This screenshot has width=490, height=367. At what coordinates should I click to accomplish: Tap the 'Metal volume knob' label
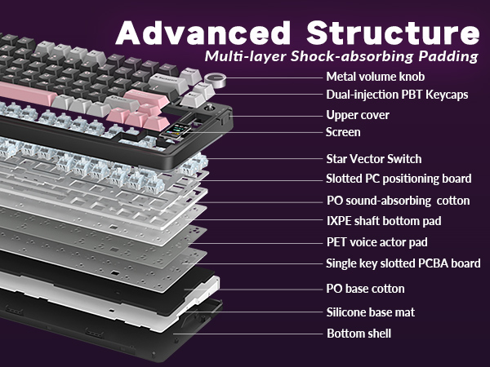pyautogui.click(x=375, y=77)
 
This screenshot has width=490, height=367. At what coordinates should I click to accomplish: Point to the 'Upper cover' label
pyautogui.click(x=358, y=115)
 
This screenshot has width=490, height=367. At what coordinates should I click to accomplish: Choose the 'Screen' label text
pyautogui.click(x=343, y=131)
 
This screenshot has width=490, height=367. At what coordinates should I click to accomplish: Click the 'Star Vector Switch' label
pyautogui.click(x=374, y=158)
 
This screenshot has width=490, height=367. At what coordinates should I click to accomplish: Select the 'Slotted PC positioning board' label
pyautogui.click(x=398, y=179)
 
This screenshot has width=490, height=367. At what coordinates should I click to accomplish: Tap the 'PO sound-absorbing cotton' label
pyautogui.click(x=398, y=201)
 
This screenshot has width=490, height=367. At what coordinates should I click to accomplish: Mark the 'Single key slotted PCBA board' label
pyautogui.click(x=403, y=263)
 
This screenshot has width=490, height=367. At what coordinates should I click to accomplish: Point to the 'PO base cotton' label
pyautogui.click(x=365, y=289)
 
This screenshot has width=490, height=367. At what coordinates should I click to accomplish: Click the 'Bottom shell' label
pyautogui.click(x=359, y=334)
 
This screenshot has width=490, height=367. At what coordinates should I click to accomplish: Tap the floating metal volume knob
pyautogui.click(x=217, y=79)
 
